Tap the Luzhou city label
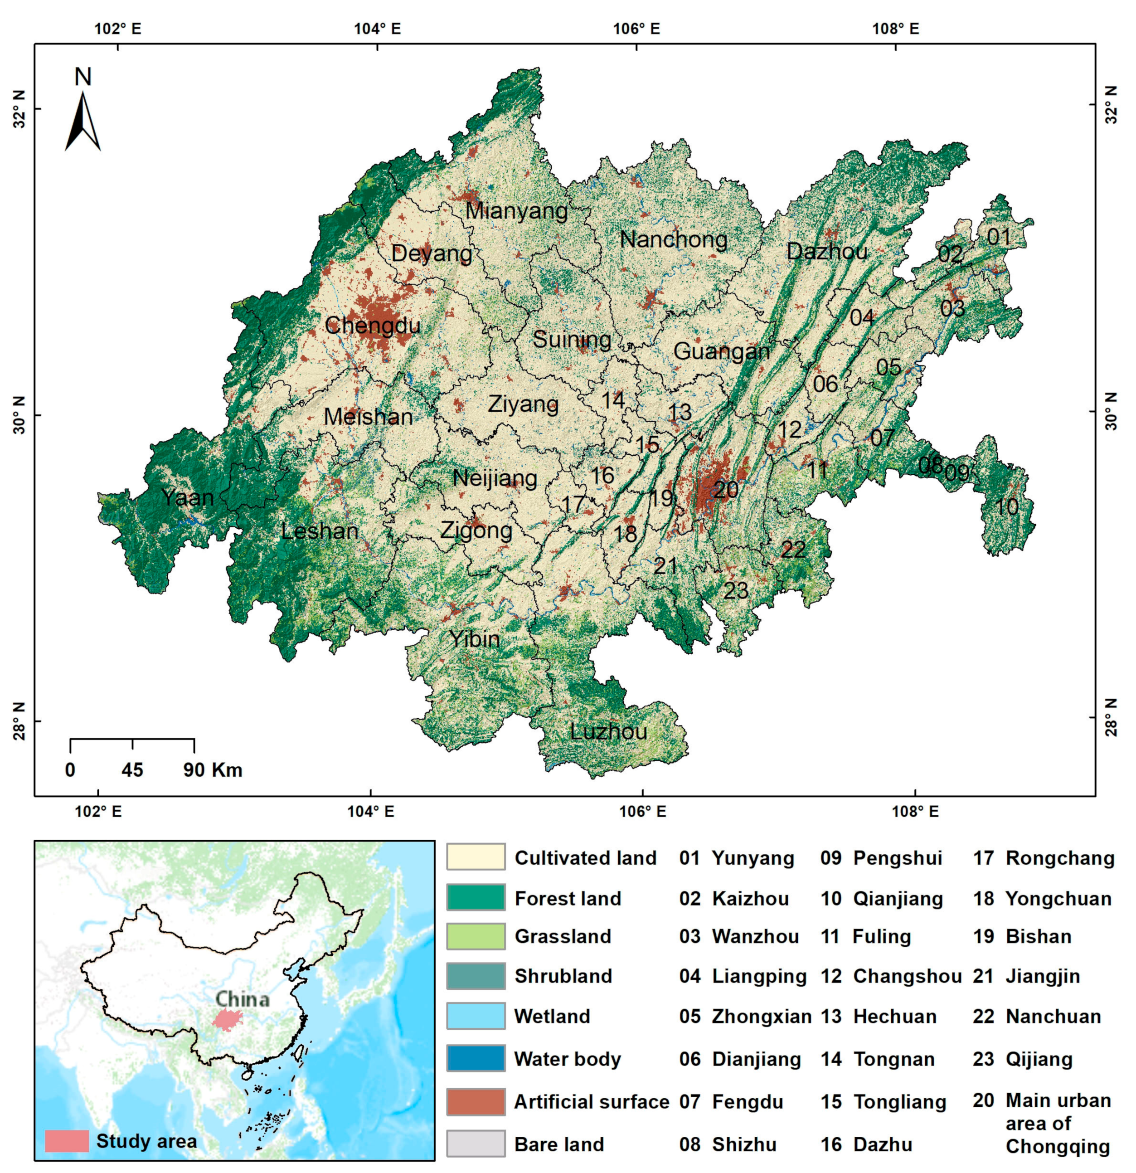coord(608,731)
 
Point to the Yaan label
coord(187,497)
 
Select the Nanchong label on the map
coord(674,239)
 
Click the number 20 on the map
coord(726,490)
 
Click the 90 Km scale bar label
coord(212,769)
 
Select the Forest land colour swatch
coord(476,898)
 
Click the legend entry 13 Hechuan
coord(878,1016)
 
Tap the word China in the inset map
coord(242,999)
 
